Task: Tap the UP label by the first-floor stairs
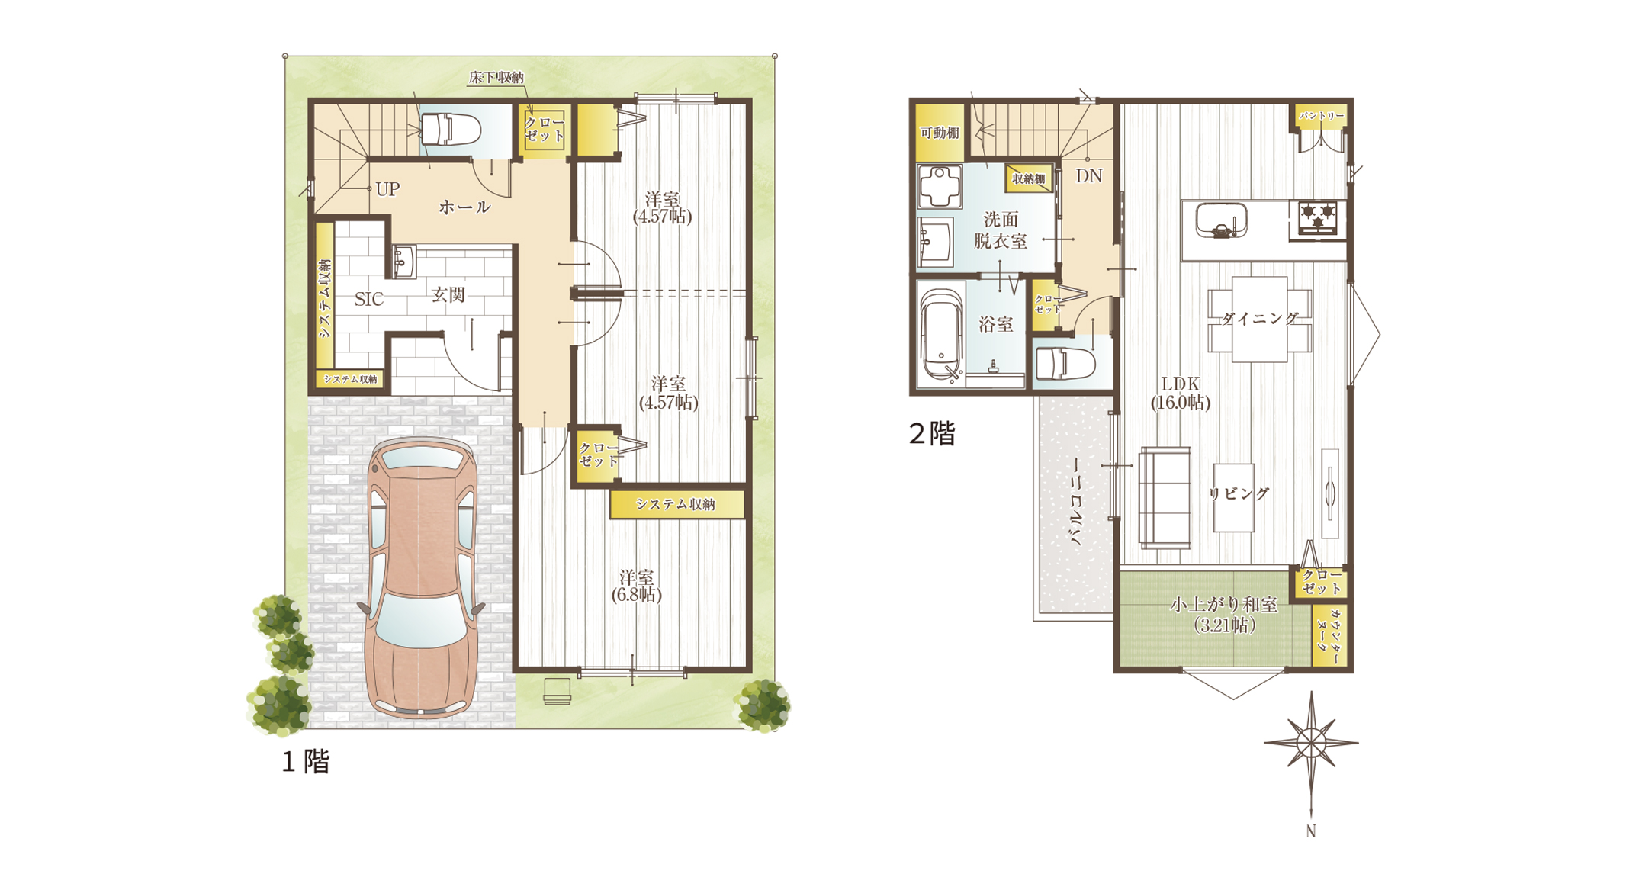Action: point(387,189)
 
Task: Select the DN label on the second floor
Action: point(1088,176)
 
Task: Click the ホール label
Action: point(464,207)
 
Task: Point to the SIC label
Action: point(368,299)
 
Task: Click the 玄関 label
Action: point(448,294)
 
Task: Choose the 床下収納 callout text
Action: point(496,77)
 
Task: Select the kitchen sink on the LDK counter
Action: point(1221,221)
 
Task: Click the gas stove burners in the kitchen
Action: point(1317,215)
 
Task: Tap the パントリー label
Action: point(1322,116)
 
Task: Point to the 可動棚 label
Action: point(940,133)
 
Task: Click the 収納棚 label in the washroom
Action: point(1028,178)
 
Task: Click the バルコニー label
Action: point(1077,502)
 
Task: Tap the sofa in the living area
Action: point(1165,498)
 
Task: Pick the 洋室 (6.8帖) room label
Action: point(636,586)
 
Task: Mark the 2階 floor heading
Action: point(932,434)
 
